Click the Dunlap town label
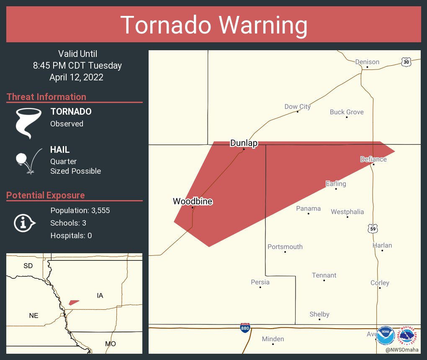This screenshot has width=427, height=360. click(244, 143)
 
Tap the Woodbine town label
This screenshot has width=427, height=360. click(193, 201)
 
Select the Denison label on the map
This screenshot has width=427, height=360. click(367, 62)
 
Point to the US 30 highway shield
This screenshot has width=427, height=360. click(406, 62)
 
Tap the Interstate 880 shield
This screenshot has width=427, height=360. click(246, 328)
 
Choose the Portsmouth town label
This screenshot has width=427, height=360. click(285, 247)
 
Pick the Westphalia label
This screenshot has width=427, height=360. click(347, 212)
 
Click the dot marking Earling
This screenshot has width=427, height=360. click(336, 189)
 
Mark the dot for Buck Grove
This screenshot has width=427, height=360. click(347, 117)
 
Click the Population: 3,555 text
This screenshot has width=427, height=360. click(80, 211)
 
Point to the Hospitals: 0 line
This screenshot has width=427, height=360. click(71, 236)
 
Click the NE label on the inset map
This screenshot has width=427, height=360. click(33, 316)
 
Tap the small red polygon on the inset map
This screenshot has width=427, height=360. click(74, 302)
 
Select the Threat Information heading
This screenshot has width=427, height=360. click(46, 97)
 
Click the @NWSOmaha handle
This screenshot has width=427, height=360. click(402, 350)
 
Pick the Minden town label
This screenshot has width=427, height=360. click(273, 339)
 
